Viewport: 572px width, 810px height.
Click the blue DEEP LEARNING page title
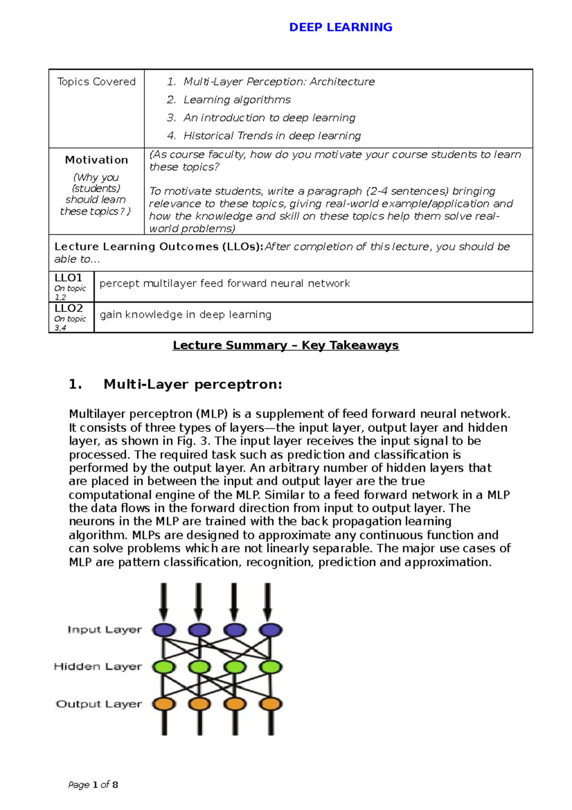[x=340, y=27]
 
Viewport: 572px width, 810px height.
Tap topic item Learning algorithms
[x=236, y=100]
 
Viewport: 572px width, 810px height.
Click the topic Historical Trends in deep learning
[x=272, y=136]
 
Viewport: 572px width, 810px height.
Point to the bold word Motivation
[x=96, y=160]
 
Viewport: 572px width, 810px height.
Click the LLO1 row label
[x=68, y=278]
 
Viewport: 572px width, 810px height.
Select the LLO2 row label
[x=68, y=308]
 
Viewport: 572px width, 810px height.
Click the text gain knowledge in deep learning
[x=185, y=315]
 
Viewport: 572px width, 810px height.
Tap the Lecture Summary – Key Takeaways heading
[x=286, y=345]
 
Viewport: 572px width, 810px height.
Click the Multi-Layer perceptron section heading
[x=193, y=384]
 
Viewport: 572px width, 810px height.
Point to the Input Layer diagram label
[x=104, y=630]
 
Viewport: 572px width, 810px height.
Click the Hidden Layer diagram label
[x=98, y=666]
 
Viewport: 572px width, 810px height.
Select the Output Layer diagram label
[x=99, y=704]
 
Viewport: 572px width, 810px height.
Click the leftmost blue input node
[x=163, y=630]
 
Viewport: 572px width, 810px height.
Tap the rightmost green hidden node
[x=271, y=666]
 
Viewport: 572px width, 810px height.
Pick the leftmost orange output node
[x=163, y=704]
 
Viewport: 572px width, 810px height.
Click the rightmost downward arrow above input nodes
[x=268, y=601]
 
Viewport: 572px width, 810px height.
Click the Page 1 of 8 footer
[x=93, y=785]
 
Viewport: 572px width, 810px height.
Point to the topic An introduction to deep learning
[x=269, y=118]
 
